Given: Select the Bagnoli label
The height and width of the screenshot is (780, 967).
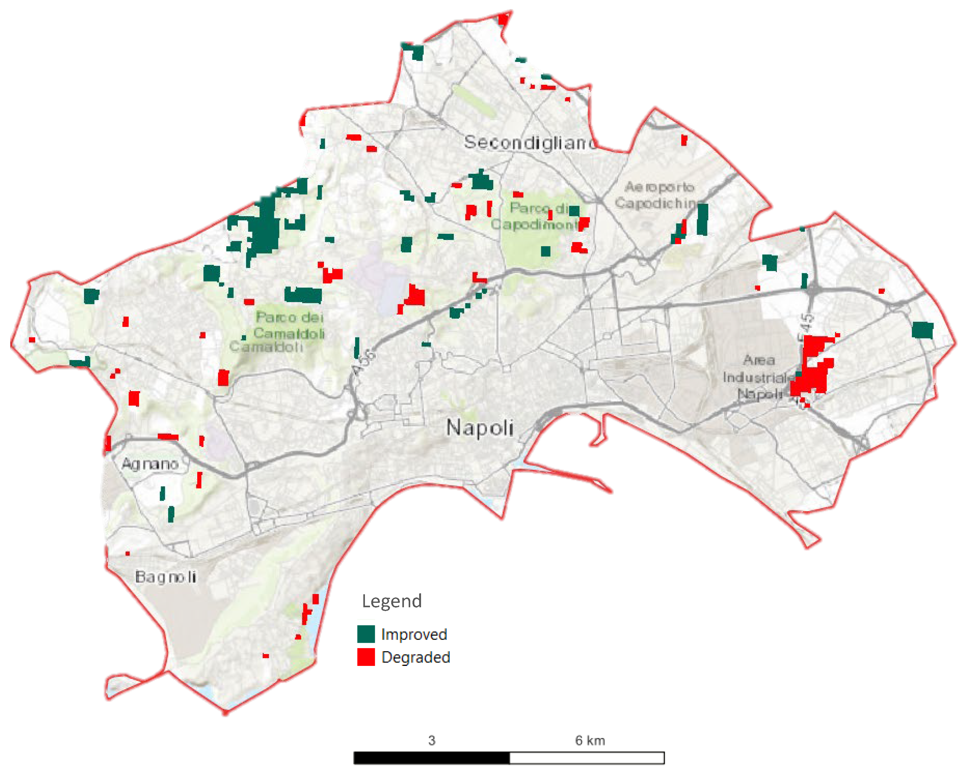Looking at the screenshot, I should [165, 577].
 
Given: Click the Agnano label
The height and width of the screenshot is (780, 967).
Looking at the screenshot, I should [150, 464].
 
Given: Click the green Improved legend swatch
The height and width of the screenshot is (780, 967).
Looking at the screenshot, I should [366, 634].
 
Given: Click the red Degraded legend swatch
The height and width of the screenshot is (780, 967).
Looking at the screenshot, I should [366, 657].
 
